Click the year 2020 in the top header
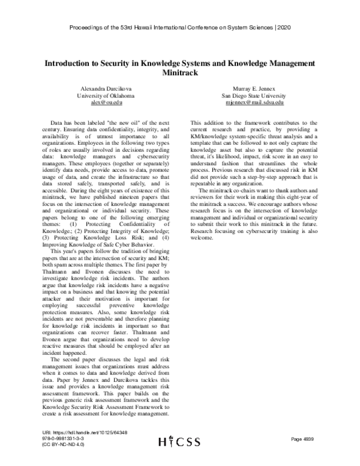[284, 28]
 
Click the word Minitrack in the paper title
[179, 72]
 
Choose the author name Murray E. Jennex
[256, 88]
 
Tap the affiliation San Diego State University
[256, 95]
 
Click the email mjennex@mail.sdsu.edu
[256, 103]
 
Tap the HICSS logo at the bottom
[179, 441]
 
